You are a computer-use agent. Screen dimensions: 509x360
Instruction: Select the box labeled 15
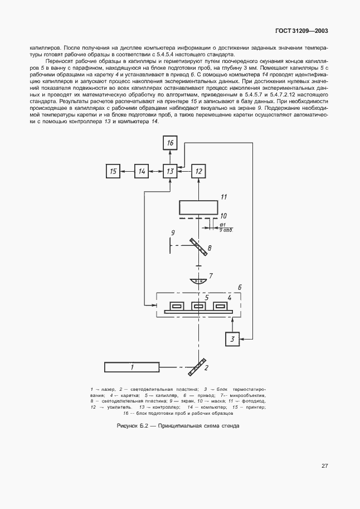(x=113, y=172)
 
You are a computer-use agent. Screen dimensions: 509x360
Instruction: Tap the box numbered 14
(x=142, y=172)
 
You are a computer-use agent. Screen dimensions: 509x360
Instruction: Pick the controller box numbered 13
(x=171, y=172)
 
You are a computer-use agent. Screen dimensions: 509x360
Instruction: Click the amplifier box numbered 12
(x=199, y=172)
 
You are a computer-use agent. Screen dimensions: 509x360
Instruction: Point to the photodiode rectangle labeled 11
(x=198, y=208)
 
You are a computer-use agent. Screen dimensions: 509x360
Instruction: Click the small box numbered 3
(x=233, y=338)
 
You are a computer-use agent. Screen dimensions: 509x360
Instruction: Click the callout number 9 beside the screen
(x=158, y=232)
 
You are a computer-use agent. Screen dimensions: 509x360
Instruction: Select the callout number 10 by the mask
(x=223, y=215)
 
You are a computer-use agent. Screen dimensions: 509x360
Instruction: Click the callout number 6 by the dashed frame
(x=240, y=287)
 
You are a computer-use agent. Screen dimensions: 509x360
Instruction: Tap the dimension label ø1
(x=222, y=224)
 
